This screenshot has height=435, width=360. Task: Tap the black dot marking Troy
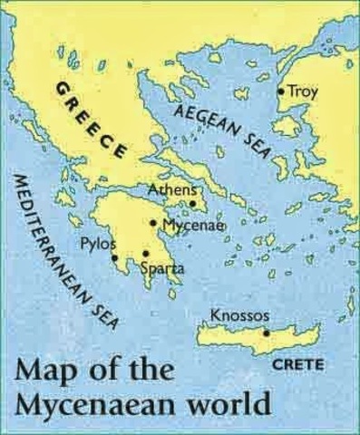click(x=281, y=92)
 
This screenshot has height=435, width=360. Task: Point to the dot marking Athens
click(x=192, y=204)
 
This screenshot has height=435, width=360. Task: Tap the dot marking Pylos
click(x=115, y=257)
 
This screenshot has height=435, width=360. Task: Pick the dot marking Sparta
click(x=145, y=254)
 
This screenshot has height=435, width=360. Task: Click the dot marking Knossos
click(x=266, y=333)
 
